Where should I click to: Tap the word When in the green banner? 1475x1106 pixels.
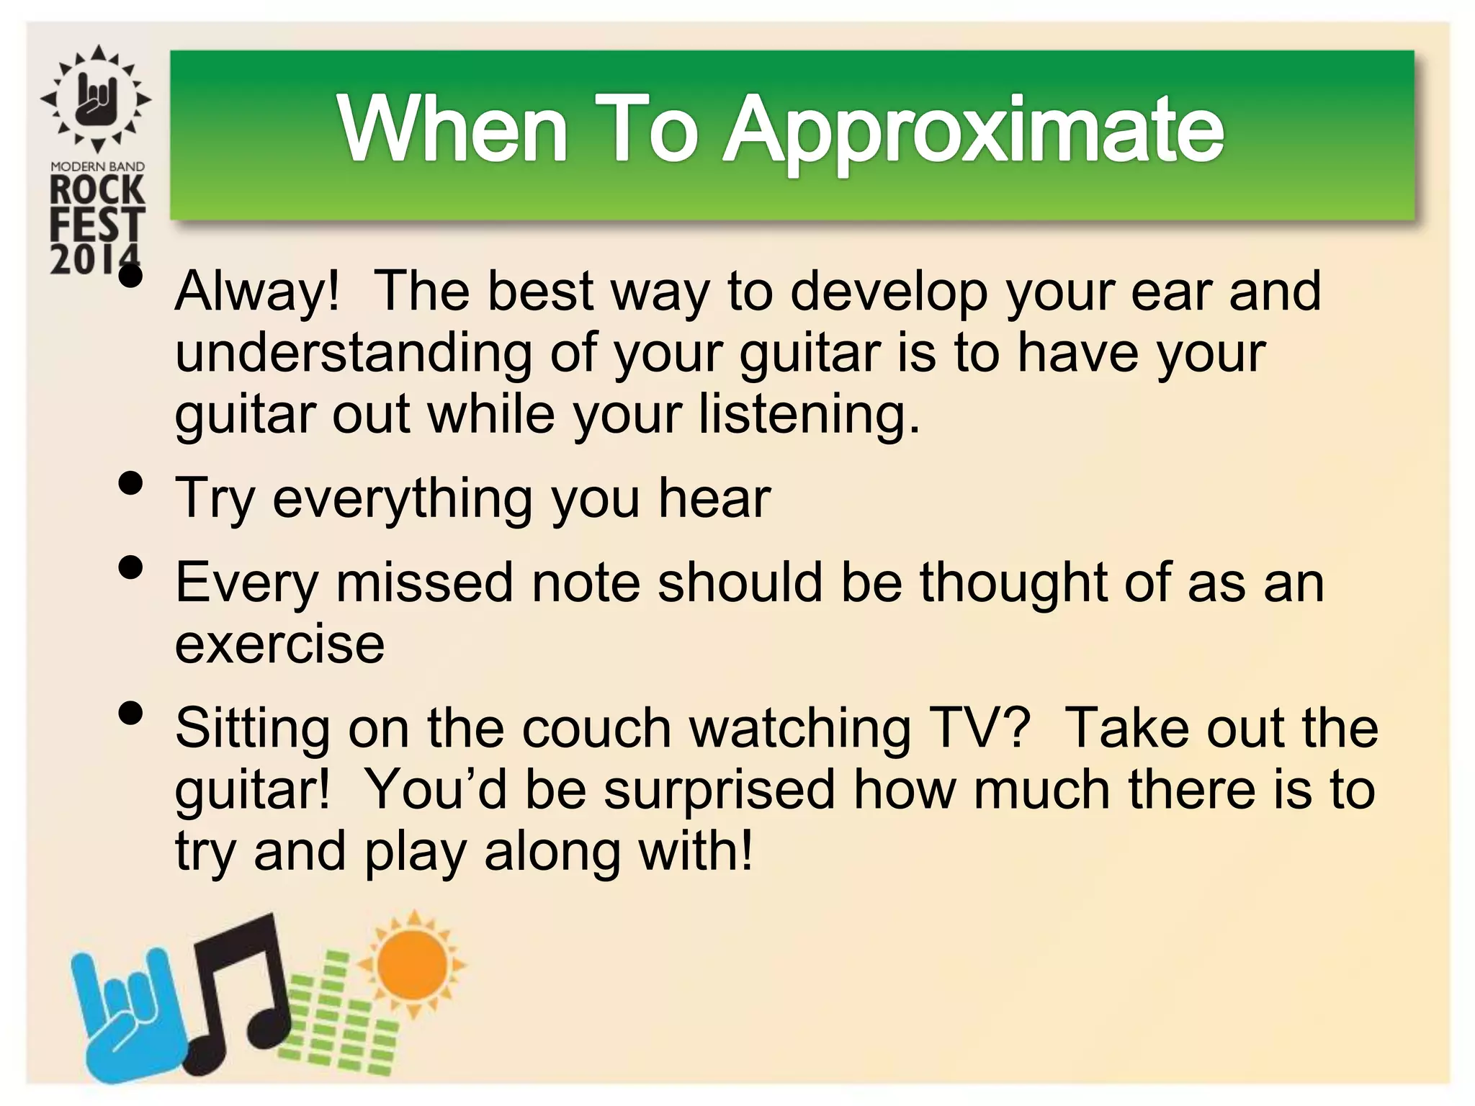(454, 130)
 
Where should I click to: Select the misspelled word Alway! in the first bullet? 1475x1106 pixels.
(257, 292)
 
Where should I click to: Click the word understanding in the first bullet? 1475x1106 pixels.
(353, 354)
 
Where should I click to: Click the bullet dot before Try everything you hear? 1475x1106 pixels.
(130, 484)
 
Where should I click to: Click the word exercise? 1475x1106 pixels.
(279, 644)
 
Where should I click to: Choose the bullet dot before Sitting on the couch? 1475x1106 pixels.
(130, 714)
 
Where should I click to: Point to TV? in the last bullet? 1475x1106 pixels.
(981, 728)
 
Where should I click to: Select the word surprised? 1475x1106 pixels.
(719, 790)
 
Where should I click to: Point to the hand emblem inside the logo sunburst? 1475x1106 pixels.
(97, 99)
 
